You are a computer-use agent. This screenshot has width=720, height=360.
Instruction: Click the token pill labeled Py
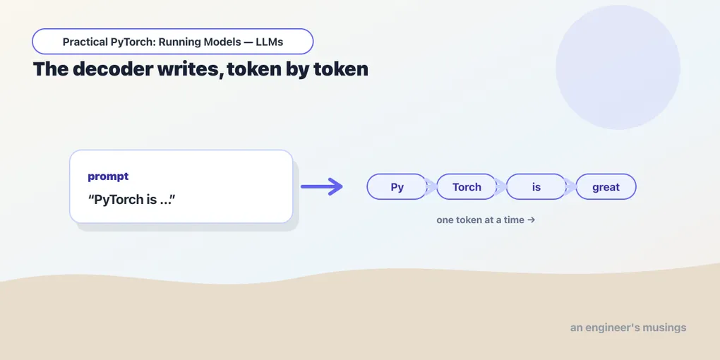click(397, 187)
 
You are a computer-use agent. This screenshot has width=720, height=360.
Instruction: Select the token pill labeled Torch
click(467, 187)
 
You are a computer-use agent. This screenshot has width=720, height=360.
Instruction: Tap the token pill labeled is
click(536, 187)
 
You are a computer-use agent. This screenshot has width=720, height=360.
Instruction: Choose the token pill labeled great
click(606, 187)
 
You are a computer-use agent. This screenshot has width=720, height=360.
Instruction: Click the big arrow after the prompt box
click(322, 186)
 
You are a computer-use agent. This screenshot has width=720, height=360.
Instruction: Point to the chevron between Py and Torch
click(432, 187)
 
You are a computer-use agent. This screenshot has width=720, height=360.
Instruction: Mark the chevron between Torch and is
click(501, 187)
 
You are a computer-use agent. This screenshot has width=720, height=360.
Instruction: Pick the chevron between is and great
click(571, 187)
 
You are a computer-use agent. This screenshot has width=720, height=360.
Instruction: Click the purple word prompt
click(108, 176)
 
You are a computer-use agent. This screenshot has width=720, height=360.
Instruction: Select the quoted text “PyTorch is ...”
click(132, 200)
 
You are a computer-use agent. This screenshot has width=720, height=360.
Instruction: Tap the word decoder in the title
click(119, 69)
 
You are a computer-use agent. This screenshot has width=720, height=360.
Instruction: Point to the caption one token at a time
click(480, 220)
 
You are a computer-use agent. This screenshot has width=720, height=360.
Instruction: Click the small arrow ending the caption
click(532, 220)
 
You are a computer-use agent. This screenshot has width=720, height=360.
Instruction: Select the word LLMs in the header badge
click(270, 42)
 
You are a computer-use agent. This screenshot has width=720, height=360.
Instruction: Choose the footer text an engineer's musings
click(628, 328)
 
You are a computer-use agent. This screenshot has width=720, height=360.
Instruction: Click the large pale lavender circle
click(618, 67)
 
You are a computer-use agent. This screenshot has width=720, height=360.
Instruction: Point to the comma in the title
click(222, 76)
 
